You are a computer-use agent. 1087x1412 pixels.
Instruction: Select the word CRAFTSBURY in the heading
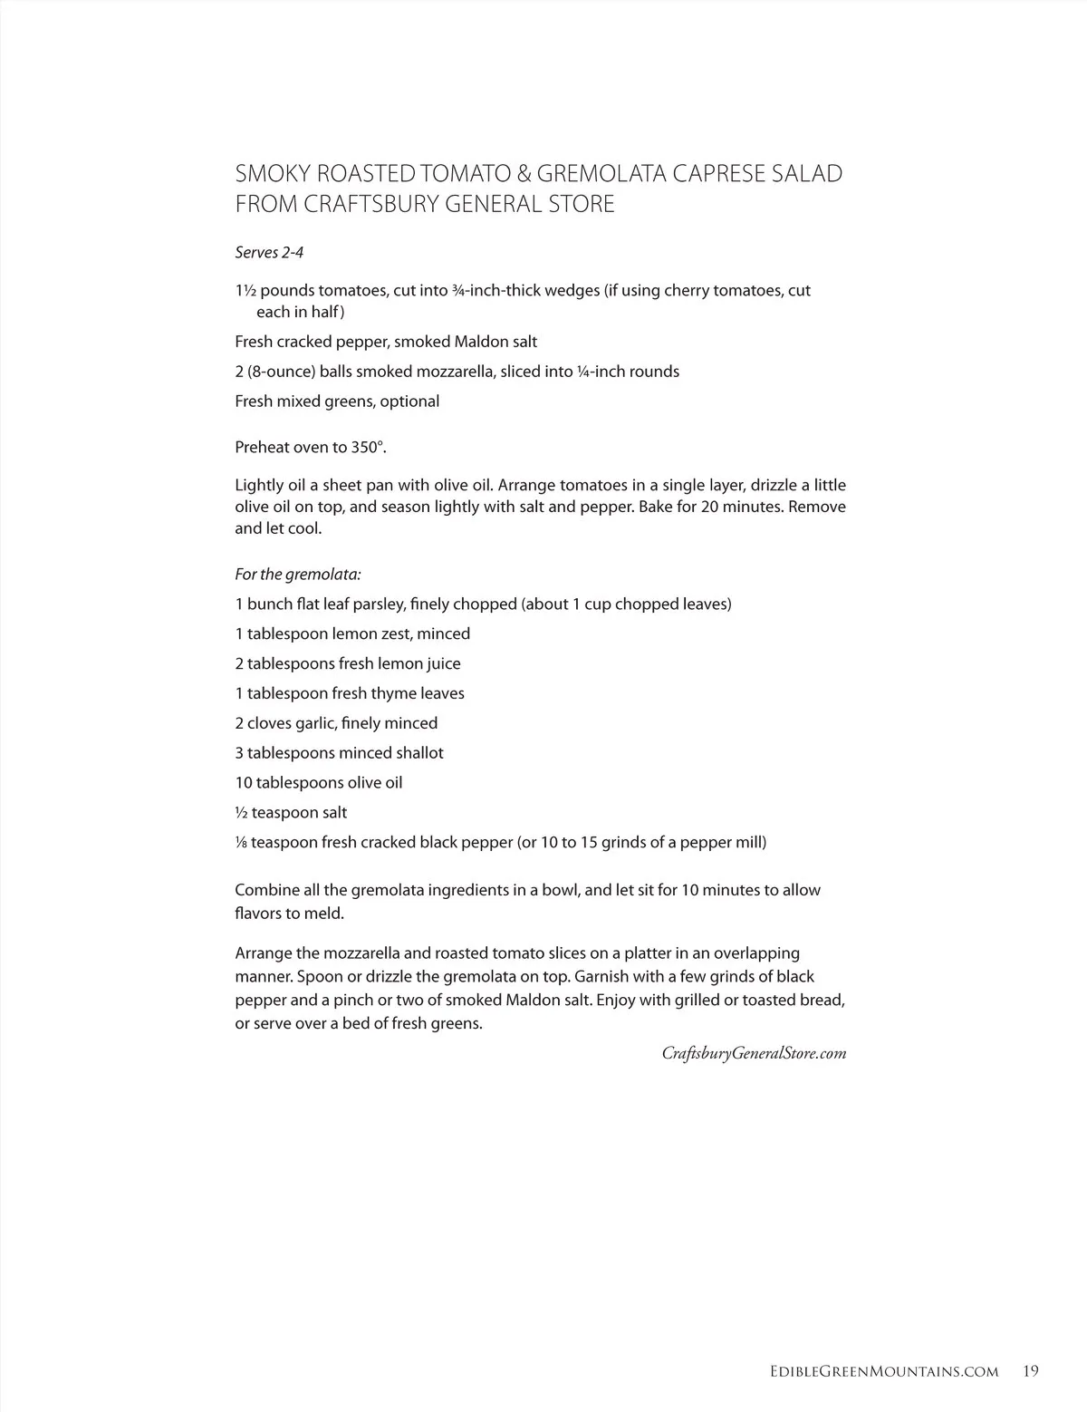tap(366, 204)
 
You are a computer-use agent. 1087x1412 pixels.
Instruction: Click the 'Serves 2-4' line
tap(269, 253)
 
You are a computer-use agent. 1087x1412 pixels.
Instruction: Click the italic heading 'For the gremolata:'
tap(298, 575)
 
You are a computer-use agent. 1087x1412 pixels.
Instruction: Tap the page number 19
tap(1031, 1371)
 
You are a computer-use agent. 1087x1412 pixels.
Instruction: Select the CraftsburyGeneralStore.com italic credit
tap(754, 1053)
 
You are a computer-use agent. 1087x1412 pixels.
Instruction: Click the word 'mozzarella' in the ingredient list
tap(457, 372)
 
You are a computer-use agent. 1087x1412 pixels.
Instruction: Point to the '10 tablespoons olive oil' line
tap(319, 783)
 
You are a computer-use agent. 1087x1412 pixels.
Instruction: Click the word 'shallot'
tap(420, 753)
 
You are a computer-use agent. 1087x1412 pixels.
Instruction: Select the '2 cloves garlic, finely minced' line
tap(336, 723)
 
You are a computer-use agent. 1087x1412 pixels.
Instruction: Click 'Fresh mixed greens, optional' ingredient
tap(337, 401)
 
